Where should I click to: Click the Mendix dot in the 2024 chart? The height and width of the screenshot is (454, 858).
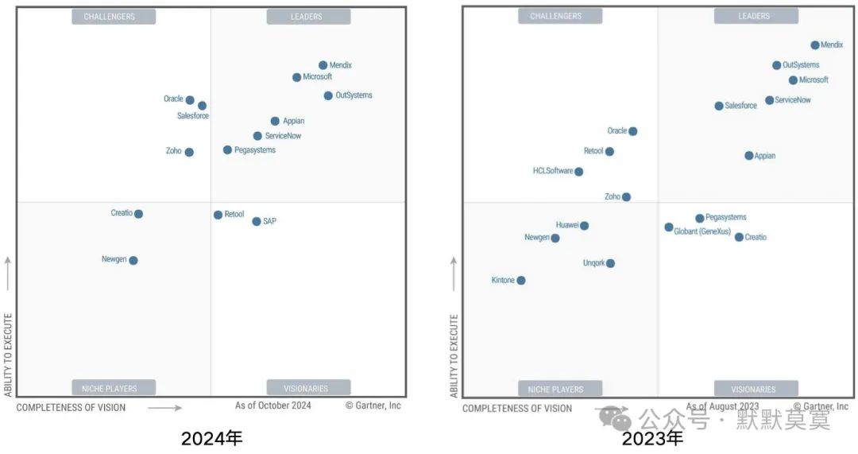(323, 65)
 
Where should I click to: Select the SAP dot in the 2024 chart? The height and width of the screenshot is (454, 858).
(256, 221)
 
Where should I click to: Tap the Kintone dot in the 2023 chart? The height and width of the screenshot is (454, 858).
(520, 280)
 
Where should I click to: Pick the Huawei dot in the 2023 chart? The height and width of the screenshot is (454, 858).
(584, 226)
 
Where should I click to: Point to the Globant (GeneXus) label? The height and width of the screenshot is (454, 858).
(702, 231)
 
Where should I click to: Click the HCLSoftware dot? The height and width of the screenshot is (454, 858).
(578, 172)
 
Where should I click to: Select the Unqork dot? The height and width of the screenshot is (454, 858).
(610, 263)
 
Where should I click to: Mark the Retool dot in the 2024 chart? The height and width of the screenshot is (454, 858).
(218, 215)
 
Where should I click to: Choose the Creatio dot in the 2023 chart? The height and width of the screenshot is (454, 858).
(739, 237)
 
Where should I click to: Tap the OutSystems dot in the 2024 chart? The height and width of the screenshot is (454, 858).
(328, 95)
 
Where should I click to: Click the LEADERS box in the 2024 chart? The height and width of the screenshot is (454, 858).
(306, 17)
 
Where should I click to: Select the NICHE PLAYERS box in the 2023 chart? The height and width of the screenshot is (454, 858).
(555, 389)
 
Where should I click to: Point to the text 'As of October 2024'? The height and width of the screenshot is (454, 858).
(273, 405)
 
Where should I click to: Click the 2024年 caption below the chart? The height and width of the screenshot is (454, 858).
(211, 438)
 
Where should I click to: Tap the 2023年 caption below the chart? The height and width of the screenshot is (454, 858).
(652, 438)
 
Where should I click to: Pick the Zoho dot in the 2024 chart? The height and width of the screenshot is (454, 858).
(189, 152)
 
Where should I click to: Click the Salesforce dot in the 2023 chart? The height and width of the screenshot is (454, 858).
(719, 106)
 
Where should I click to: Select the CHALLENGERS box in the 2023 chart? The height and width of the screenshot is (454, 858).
(555, 16)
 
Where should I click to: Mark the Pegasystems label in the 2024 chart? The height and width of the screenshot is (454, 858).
(255, 150)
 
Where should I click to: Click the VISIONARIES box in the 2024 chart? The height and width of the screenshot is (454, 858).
(306, 389)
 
